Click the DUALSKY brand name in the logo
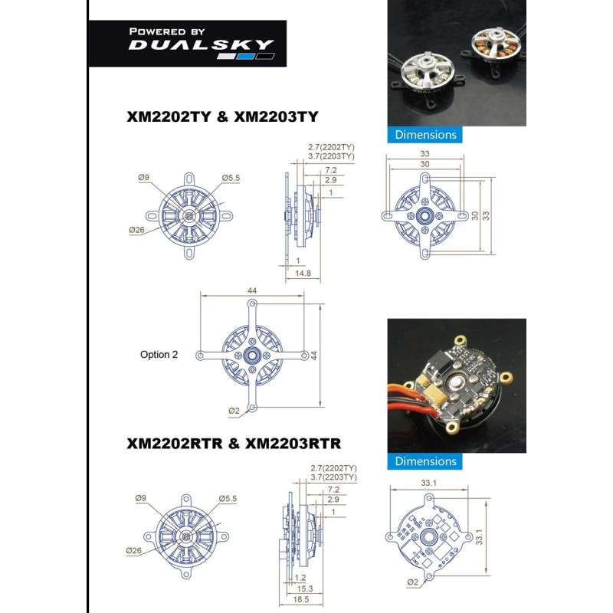point(202,44)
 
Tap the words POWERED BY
point(167,31)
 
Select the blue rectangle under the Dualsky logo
point(246,56)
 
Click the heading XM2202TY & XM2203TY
point(222,116)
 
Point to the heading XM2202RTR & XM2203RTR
point(234,444)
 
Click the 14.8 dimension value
point(303,274)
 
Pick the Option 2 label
point(159,355)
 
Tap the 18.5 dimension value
point(301,599)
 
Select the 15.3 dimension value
point(305,588)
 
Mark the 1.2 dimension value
point(300,578)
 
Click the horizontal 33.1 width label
point(428,483)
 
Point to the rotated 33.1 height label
point(480,537)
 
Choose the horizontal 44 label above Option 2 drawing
point(252,290)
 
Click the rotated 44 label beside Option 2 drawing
point(314,356)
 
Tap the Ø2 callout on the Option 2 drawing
point(234,411)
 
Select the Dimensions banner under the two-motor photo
point(425,135)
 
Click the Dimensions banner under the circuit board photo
point(425,461)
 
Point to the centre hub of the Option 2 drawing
point(252,356)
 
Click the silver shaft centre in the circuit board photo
point(455,383)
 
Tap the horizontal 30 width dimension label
point(425,164)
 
